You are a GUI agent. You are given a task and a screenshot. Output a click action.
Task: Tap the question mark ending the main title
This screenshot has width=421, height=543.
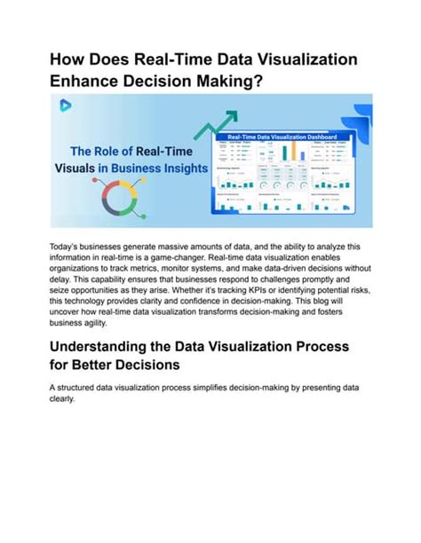coord(262,83)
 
